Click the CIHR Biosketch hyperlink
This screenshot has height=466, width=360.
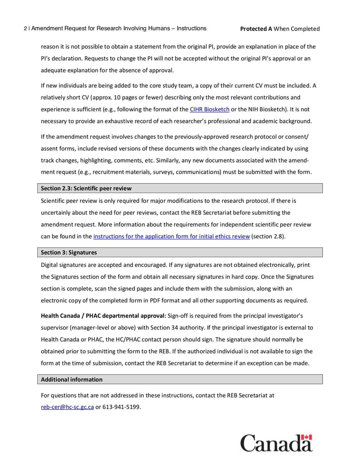tap(209, 109)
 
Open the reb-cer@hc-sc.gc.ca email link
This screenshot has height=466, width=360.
tap(67, 407)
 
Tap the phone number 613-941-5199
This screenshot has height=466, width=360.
tap(121, 407)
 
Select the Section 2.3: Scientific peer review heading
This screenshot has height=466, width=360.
tap(86, 188)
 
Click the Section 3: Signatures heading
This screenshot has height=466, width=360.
tap(69, 252)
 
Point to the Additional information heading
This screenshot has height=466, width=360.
tap(72, 380)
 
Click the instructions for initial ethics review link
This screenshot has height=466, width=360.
tap(171, 236)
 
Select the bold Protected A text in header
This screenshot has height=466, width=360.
tap(256, 29)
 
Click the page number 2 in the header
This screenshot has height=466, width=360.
tap(25, 29)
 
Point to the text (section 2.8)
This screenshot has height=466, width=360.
tap(268, 236)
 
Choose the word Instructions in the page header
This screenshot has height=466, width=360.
tap(191, 28)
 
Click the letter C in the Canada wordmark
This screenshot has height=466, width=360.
tap(249, 443)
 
